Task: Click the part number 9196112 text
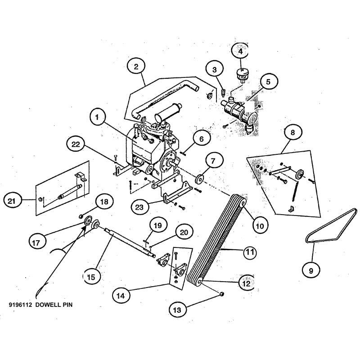21,304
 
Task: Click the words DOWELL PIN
57,304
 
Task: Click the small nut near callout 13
220,294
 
